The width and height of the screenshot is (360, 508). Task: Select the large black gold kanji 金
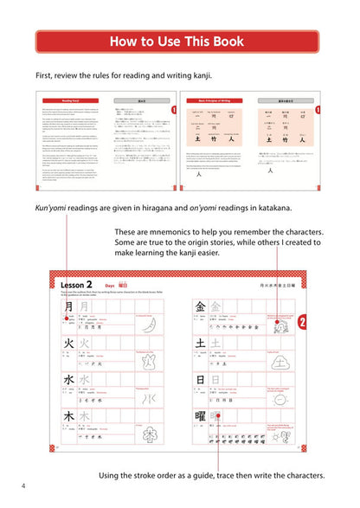(200, 306)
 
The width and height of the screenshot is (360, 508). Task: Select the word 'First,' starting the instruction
(48, 75)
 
